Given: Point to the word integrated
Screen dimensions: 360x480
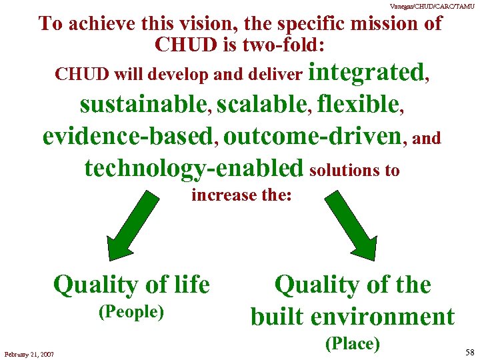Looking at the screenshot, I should (368, 72).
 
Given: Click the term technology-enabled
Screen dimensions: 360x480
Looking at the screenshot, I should (193, 169).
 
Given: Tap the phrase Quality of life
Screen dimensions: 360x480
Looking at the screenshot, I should (131, 285).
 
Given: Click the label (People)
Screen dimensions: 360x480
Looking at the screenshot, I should (131, 312).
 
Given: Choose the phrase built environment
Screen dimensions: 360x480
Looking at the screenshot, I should (352, 317).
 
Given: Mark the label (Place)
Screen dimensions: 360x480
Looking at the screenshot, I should (352, 343).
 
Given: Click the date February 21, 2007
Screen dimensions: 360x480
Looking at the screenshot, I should (29, 353).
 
